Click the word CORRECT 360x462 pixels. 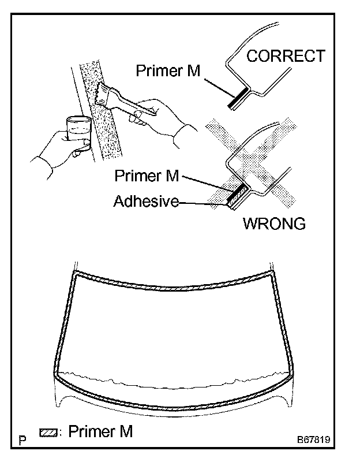[x=286, y=56]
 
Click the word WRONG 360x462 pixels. [x=274, y=223]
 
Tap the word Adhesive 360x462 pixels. [x=145, y=202]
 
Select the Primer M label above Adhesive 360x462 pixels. [x=146, y=176]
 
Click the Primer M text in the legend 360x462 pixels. [x=100, y=431]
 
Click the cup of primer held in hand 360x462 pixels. [x=77, y=130]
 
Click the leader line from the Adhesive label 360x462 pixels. [x=202, y=203]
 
